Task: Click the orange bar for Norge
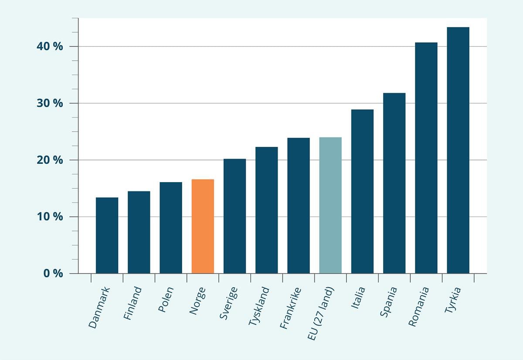tap(203, 226)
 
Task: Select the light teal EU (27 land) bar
tap(330, 205)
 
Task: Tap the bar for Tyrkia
tap(458, 150)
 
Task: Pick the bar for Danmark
tap(107, 235)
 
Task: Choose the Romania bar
tap(426, 158)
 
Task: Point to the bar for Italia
tap(362, 191)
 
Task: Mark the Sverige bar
tap(234, 216)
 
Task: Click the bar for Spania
tap(394, 183)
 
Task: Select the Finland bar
tap(139, 232)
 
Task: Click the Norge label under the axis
tap(197, 300)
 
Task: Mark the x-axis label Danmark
tap(100, 307)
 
